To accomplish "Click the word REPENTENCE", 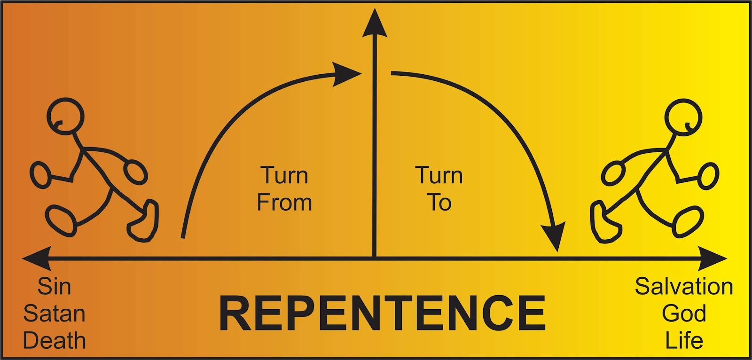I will point(382,313).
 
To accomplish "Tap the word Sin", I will point(54,287).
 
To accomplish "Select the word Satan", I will point(54,313).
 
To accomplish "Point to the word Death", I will point(54,340).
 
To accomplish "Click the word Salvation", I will point(684,286).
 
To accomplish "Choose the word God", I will point(684,313).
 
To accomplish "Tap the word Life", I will point(684,340).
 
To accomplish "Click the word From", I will point(284,203).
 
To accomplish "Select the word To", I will point(439,203).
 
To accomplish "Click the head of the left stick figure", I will point(65,116).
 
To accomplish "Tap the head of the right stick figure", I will point(683,117).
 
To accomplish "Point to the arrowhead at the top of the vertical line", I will point(375,23).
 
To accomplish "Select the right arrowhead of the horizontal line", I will point(714,258).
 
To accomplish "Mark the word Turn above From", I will point(284,175).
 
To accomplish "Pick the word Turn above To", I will point(439,175).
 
